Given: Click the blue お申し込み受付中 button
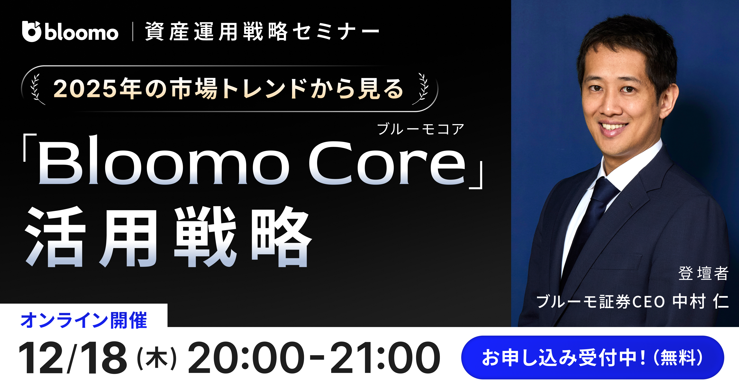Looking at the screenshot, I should click(x=592, y=358).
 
